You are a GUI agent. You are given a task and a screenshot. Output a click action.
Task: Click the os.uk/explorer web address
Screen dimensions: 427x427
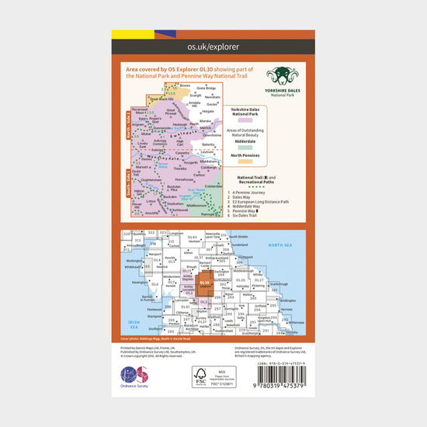tap(213, 47)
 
